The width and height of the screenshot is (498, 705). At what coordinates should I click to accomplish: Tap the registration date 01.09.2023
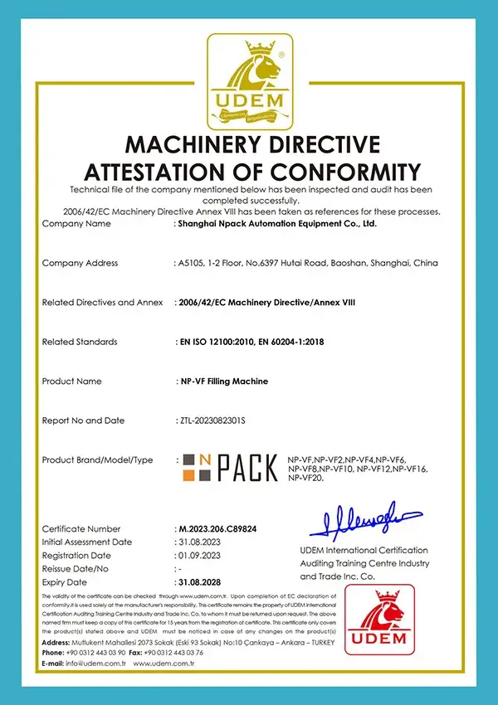(x=198, y=556)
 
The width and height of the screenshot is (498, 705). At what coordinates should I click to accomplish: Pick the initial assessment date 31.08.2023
(x=198, y=542)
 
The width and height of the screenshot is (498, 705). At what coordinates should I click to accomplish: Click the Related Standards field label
(x=80, y=342)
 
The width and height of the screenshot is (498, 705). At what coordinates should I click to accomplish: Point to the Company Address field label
(x=80, y=263)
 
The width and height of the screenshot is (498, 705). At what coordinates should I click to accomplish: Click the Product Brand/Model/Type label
(x=97, y=459)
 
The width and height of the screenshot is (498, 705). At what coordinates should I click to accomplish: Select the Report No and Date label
(x=83, y=421)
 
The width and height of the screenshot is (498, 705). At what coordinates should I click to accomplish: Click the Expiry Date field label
(x=65, y=583)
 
